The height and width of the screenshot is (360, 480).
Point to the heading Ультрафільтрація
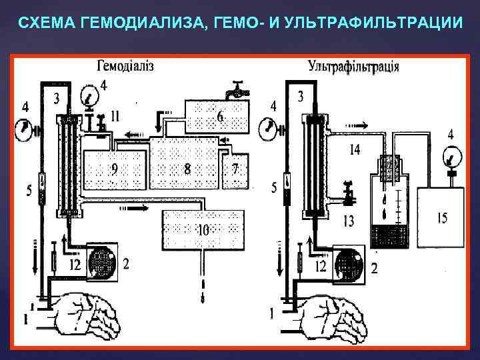pyautogui.click(x=354, y=66)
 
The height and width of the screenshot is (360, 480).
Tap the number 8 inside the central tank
pyautogui.click(x=187, y=169)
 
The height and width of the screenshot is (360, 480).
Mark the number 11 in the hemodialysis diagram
pyautogui.click(x=116, y=116)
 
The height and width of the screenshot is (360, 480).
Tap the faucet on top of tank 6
pyautogui.click(x=236, y=89)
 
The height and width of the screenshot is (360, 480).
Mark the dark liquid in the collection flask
pyautogui.click(x=389, y=236)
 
